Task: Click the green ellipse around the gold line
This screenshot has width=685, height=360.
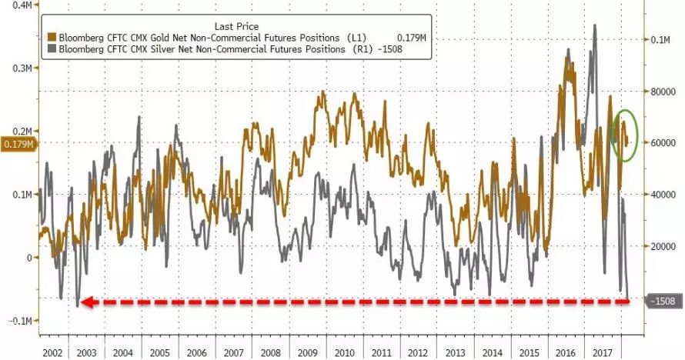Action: (x=624, y=135)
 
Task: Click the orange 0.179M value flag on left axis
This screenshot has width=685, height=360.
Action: (x=18, y=144)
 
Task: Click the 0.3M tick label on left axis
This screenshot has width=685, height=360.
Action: (x=20, y=68)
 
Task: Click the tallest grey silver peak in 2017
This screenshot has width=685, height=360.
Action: (x=594, y=25)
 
